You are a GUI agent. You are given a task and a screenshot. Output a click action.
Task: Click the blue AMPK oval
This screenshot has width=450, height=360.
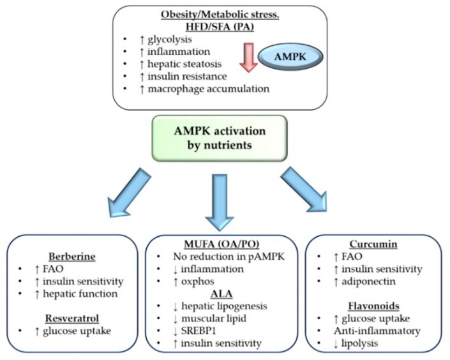click(x=290, y=57)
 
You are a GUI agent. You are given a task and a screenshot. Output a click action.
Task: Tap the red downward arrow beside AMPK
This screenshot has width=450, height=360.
click(x=248, y=57)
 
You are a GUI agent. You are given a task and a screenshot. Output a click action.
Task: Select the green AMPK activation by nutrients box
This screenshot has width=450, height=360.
click(x=220, y=138)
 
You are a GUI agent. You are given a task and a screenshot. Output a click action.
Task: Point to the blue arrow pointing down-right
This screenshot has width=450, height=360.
click(x=304, y=190)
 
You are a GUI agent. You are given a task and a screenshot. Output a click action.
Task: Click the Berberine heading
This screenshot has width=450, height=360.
click(x=72, y=257)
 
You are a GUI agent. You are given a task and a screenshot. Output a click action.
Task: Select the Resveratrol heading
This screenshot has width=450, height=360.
click(x=72, y=319)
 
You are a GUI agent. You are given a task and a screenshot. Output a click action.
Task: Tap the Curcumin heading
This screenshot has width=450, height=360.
click(x=373, y=244)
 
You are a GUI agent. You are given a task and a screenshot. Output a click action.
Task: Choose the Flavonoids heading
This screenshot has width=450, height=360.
click(x=373, y=306)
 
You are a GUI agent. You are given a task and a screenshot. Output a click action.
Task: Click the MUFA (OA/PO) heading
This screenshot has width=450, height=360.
click(x=221, y=244)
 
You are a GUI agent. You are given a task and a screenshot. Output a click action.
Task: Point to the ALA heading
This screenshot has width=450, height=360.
click(x=221, y=294)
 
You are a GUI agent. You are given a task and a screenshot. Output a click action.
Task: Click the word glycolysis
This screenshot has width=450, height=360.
click(x=170, y=40)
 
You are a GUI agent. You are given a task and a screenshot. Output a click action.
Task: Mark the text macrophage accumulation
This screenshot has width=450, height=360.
click(x=208, y=89)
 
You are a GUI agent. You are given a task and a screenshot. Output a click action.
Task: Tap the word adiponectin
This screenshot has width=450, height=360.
click(x=368, y=281)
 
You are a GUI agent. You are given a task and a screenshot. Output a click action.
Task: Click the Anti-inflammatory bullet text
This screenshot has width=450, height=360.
click(x=377, y=331)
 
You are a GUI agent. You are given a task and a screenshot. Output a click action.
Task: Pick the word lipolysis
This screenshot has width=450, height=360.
click(x=359, y=343)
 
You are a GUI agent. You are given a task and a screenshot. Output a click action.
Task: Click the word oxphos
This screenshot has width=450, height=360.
click(x=197, y=281)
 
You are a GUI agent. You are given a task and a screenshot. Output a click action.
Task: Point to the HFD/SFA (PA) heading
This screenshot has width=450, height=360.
click(x=220, y=27)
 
